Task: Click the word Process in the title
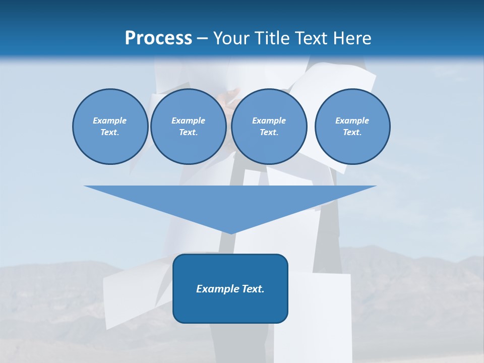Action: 158,38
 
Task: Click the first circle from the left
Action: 110,127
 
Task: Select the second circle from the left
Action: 189,127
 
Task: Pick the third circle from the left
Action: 269,127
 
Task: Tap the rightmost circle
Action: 352,127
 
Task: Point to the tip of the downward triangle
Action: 231,233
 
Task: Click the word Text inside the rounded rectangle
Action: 252,289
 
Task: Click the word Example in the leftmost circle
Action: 110,120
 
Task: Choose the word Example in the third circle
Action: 269,120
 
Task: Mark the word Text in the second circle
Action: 188,133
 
